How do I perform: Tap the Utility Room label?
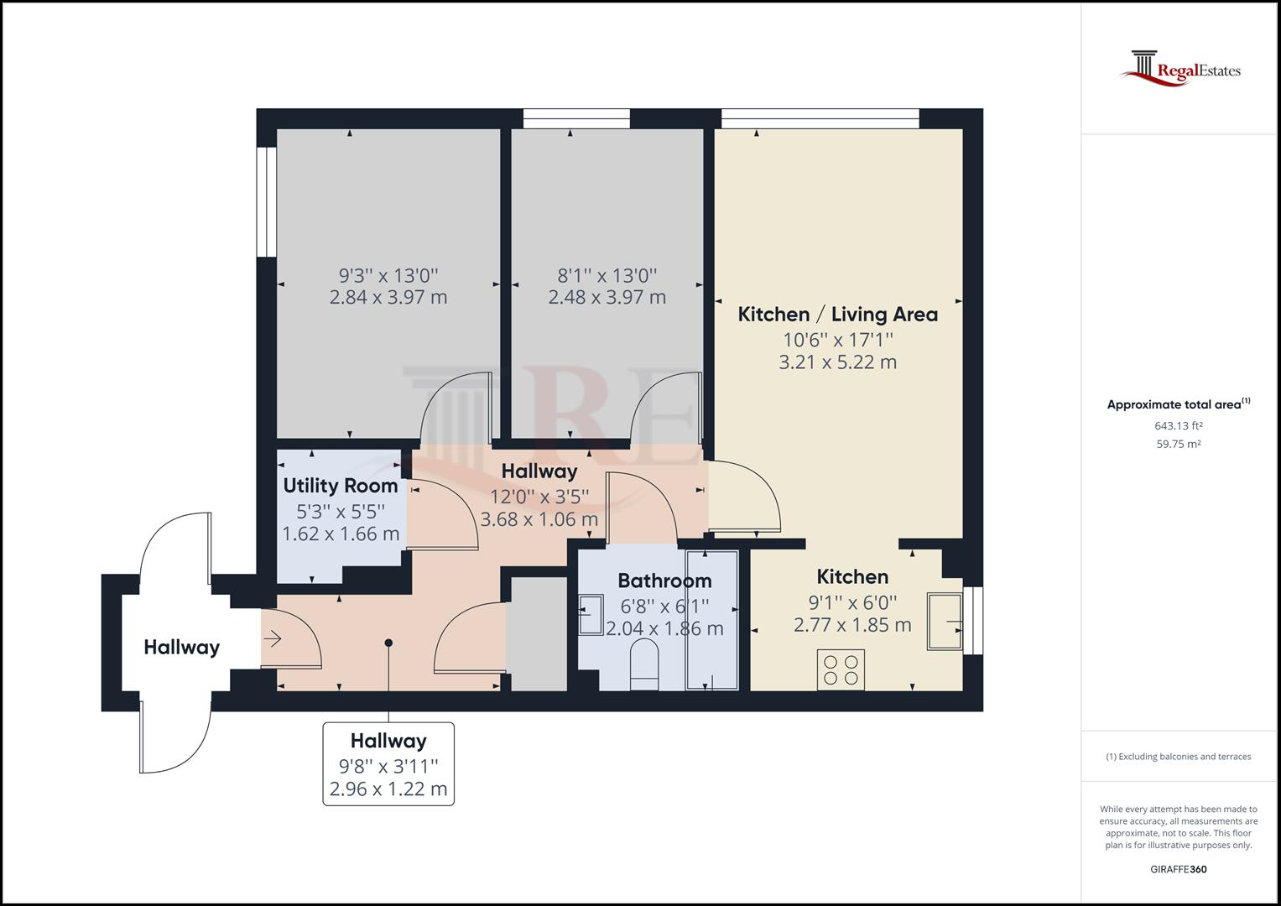(x=341, y=486)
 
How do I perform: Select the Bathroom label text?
(x=664, y=581)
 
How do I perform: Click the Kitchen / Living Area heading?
(x=838, y=314)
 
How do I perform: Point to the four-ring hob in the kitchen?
(x=841, y=669)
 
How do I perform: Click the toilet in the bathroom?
(x=644, y=664)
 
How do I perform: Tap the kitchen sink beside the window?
(x=945, y=621)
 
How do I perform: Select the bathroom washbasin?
(x=591, y=615)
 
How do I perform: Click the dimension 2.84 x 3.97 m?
(x=388, y=298)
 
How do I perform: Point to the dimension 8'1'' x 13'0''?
(x=607, y=276)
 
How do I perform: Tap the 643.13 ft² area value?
(x=1179, y=425)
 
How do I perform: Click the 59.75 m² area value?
(x=1179, y=444)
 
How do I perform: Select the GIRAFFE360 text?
(x=1179, y=869)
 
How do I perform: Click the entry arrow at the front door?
(x=272, y=638)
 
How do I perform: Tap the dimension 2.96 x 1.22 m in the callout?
(x=388, y=789)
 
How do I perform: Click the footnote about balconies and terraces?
(x=1179, y=757)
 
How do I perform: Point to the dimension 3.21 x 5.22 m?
(x=838, y=362)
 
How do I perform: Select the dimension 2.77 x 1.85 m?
(x=852, y=625)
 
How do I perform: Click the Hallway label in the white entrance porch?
(x=182, y=648)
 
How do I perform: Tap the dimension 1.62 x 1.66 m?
(x=341, y=534)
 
